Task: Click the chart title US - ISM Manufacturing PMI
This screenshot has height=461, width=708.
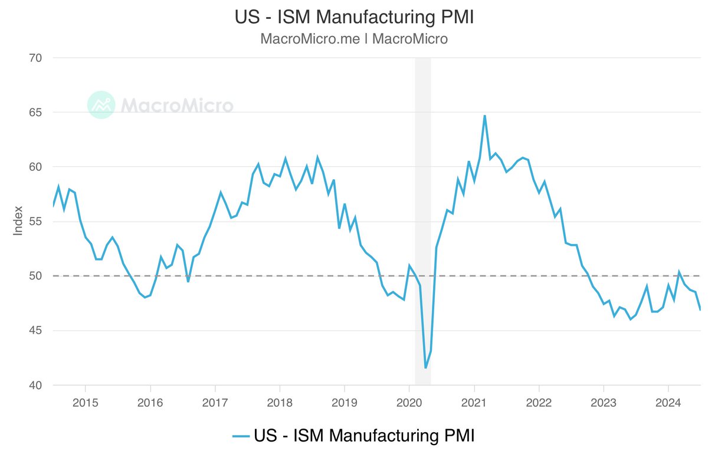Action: (354, 17)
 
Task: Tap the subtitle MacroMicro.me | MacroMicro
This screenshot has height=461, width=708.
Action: (354, 39)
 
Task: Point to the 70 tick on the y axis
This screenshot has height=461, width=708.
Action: (35, 58)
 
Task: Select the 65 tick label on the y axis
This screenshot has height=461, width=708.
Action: (35, 113)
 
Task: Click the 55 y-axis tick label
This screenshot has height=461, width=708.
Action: (35, 222)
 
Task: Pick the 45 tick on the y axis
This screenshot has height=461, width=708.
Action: (35, 331)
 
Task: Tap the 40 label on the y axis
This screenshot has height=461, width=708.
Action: (35, 386)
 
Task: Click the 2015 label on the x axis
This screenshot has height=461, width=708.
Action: (86, 404)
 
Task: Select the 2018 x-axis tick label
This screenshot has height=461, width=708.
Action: (280, 404)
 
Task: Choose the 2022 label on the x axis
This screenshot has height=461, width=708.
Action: (539, 404)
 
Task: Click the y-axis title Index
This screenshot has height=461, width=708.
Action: (18, 221)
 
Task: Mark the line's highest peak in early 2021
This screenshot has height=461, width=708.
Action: (484, 116)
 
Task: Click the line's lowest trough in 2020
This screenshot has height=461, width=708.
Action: (425, 368)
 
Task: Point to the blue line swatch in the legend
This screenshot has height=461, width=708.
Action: (241, 436)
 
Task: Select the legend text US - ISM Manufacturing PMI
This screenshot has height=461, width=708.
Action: (364, 436)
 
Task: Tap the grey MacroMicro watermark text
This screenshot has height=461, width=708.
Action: (177, 106)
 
